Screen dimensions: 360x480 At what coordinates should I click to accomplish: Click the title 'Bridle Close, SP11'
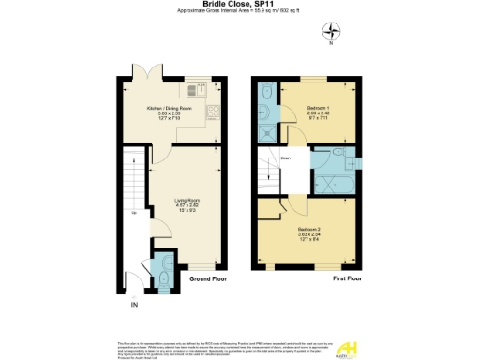coord(239,5)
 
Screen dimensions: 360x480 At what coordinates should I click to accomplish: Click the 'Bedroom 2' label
coord(309,230)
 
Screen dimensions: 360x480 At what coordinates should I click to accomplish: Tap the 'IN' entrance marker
coord(134,305)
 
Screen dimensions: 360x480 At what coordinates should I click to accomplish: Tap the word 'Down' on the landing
coord(285,158)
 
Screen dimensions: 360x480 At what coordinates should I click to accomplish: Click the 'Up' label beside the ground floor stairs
coord(133,215)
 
